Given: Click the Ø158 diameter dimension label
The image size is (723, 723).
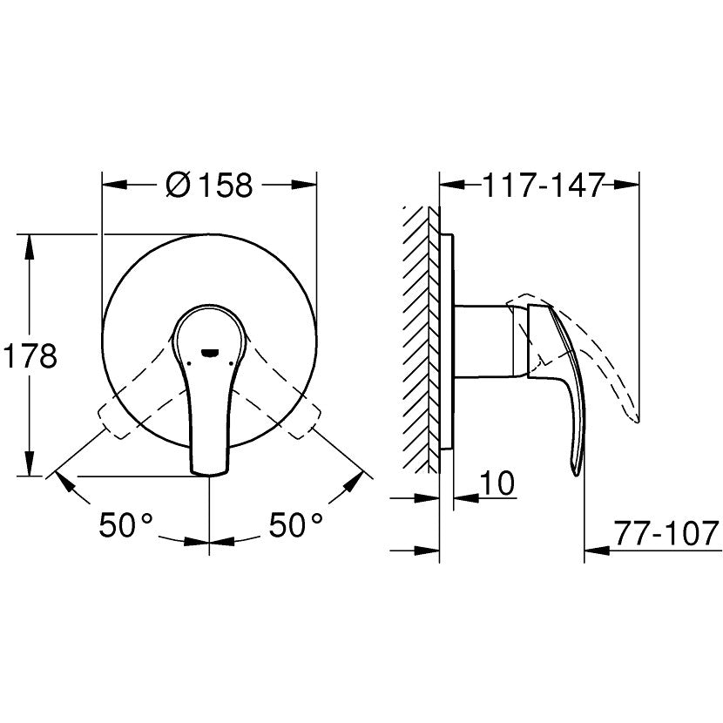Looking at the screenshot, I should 208,185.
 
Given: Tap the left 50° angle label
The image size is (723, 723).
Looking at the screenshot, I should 125,524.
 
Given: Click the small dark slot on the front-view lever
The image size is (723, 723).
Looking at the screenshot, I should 210,352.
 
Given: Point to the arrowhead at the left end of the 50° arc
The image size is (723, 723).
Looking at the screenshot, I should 63,482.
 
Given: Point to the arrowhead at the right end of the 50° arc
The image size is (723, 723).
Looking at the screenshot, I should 356,482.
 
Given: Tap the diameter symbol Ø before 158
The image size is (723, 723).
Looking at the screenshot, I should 174,185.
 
